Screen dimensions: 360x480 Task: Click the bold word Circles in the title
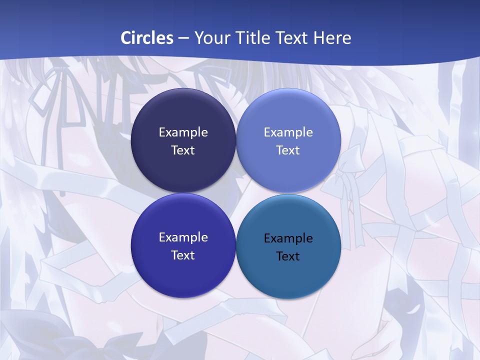(147, 38)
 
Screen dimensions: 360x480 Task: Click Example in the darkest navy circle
(183, 132)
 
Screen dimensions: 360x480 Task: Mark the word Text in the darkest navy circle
(183, 150)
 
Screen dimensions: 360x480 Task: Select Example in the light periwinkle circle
(288, 132)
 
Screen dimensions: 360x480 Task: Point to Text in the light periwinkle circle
(288, 150)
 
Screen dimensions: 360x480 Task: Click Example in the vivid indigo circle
(183, 237)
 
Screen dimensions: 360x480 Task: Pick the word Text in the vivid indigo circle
(183, 255)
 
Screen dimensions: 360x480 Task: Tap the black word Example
(288, 238)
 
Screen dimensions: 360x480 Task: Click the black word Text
(288, 256)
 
